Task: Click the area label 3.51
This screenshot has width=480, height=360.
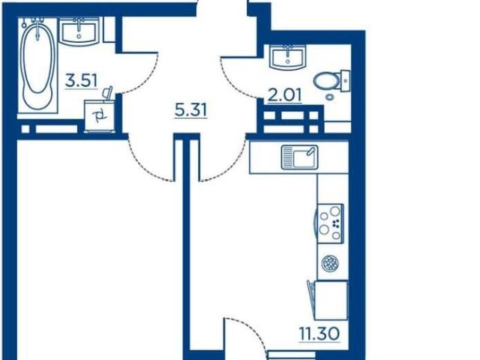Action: [x=82, y=81]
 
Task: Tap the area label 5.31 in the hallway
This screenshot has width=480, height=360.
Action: [x=190, y=110]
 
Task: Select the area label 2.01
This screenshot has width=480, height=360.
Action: [x=285, y=95]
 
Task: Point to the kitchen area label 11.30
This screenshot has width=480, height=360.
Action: [x=319, y=334]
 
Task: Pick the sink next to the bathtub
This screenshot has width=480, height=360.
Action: [x=79, y=31]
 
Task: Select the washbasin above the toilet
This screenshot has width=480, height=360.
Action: [x=287, y=57]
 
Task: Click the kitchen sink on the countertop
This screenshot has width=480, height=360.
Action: [x=299, y=157]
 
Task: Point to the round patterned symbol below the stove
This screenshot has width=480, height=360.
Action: [x=330, y=263]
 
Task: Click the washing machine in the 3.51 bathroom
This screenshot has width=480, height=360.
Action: [x=100, y=115]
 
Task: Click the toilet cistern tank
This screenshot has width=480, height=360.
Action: [x=345, y=81]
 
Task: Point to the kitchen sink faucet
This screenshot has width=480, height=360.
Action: [x=310, y=151]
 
